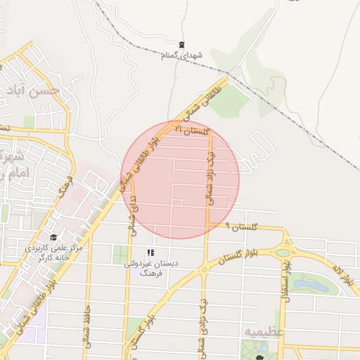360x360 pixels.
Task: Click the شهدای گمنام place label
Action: (181, 55)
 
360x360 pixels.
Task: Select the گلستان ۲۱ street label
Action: (192, 131)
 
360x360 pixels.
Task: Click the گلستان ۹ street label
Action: (242, 228)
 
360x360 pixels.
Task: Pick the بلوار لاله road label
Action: (343, 275)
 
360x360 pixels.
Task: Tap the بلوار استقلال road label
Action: (285, 282)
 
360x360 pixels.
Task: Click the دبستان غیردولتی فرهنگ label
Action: (150, 268)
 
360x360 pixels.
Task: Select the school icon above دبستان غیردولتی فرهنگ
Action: (150, 252)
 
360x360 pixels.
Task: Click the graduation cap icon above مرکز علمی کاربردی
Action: (54, 238)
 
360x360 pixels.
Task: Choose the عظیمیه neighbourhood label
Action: (264, 330)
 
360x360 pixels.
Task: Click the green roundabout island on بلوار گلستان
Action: (283, 252)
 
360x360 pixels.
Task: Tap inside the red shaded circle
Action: (181, 179)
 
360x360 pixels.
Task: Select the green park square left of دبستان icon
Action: (121, 255)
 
